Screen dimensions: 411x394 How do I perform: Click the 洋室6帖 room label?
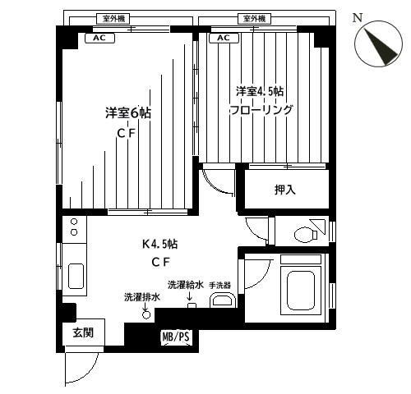[x=128, y=113]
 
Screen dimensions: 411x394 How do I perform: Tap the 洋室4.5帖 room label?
[x=260, y=91]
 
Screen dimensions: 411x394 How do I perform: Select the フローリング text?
[x=261, y=110]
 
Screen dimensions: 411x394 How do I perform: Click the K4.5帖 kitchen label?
[x=159, y=244]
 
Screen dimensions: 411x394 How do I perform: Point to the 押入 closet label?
[x=285, y=190]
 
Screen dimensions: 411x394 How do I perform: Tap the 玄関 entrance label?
[x=83, y=332]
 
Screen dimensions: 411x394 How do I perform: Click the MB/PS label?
[x=176, y=337]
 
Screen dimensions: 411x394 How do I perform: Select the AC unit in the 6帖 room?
[x=99, y=38]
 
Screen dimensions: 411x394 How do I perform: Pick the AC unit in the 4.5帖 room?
[x=224, y=38]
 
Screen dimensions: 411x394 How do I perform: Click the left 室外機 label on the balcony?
[x=113, y=19]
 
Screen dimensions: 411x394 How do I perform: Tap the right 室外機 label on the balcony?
[x=255, y=19]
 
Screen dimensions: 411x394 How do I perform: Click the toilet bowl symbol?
[x=306, y=235]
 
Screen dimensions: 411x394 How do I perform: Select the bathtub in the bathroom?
[x=301, y=290]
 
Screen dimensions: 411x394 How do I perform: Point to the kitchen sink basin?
[x=76, y=276]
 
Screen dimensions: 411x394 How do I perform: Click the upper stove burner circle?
[x=74, y=222]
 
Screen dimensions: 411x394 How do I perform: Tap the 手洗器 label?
[x=219, y=286]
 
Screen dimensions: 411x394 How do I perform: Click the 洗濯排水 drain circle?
[x=146, y=315]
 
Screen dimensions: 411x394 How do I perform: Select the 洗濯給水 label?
[x=186, y=285]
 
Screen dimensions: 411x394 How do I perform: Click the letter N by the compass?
[x=358, y=18]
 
